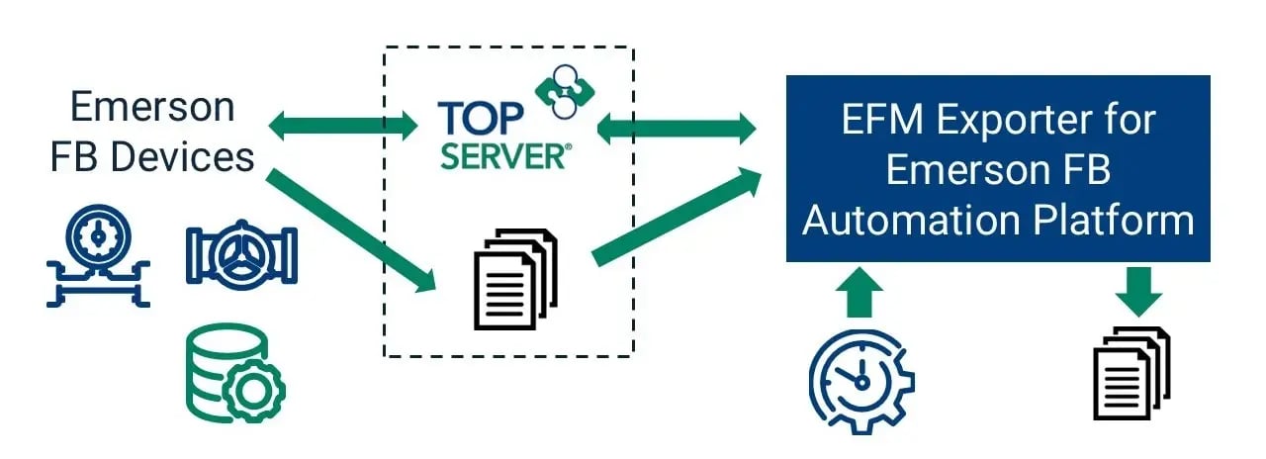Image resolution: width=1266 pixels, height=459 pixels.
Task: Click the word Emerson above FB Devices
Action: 153,107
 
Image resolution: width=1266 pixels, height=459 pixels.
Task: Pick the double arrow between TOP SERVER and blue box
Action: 677,126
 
